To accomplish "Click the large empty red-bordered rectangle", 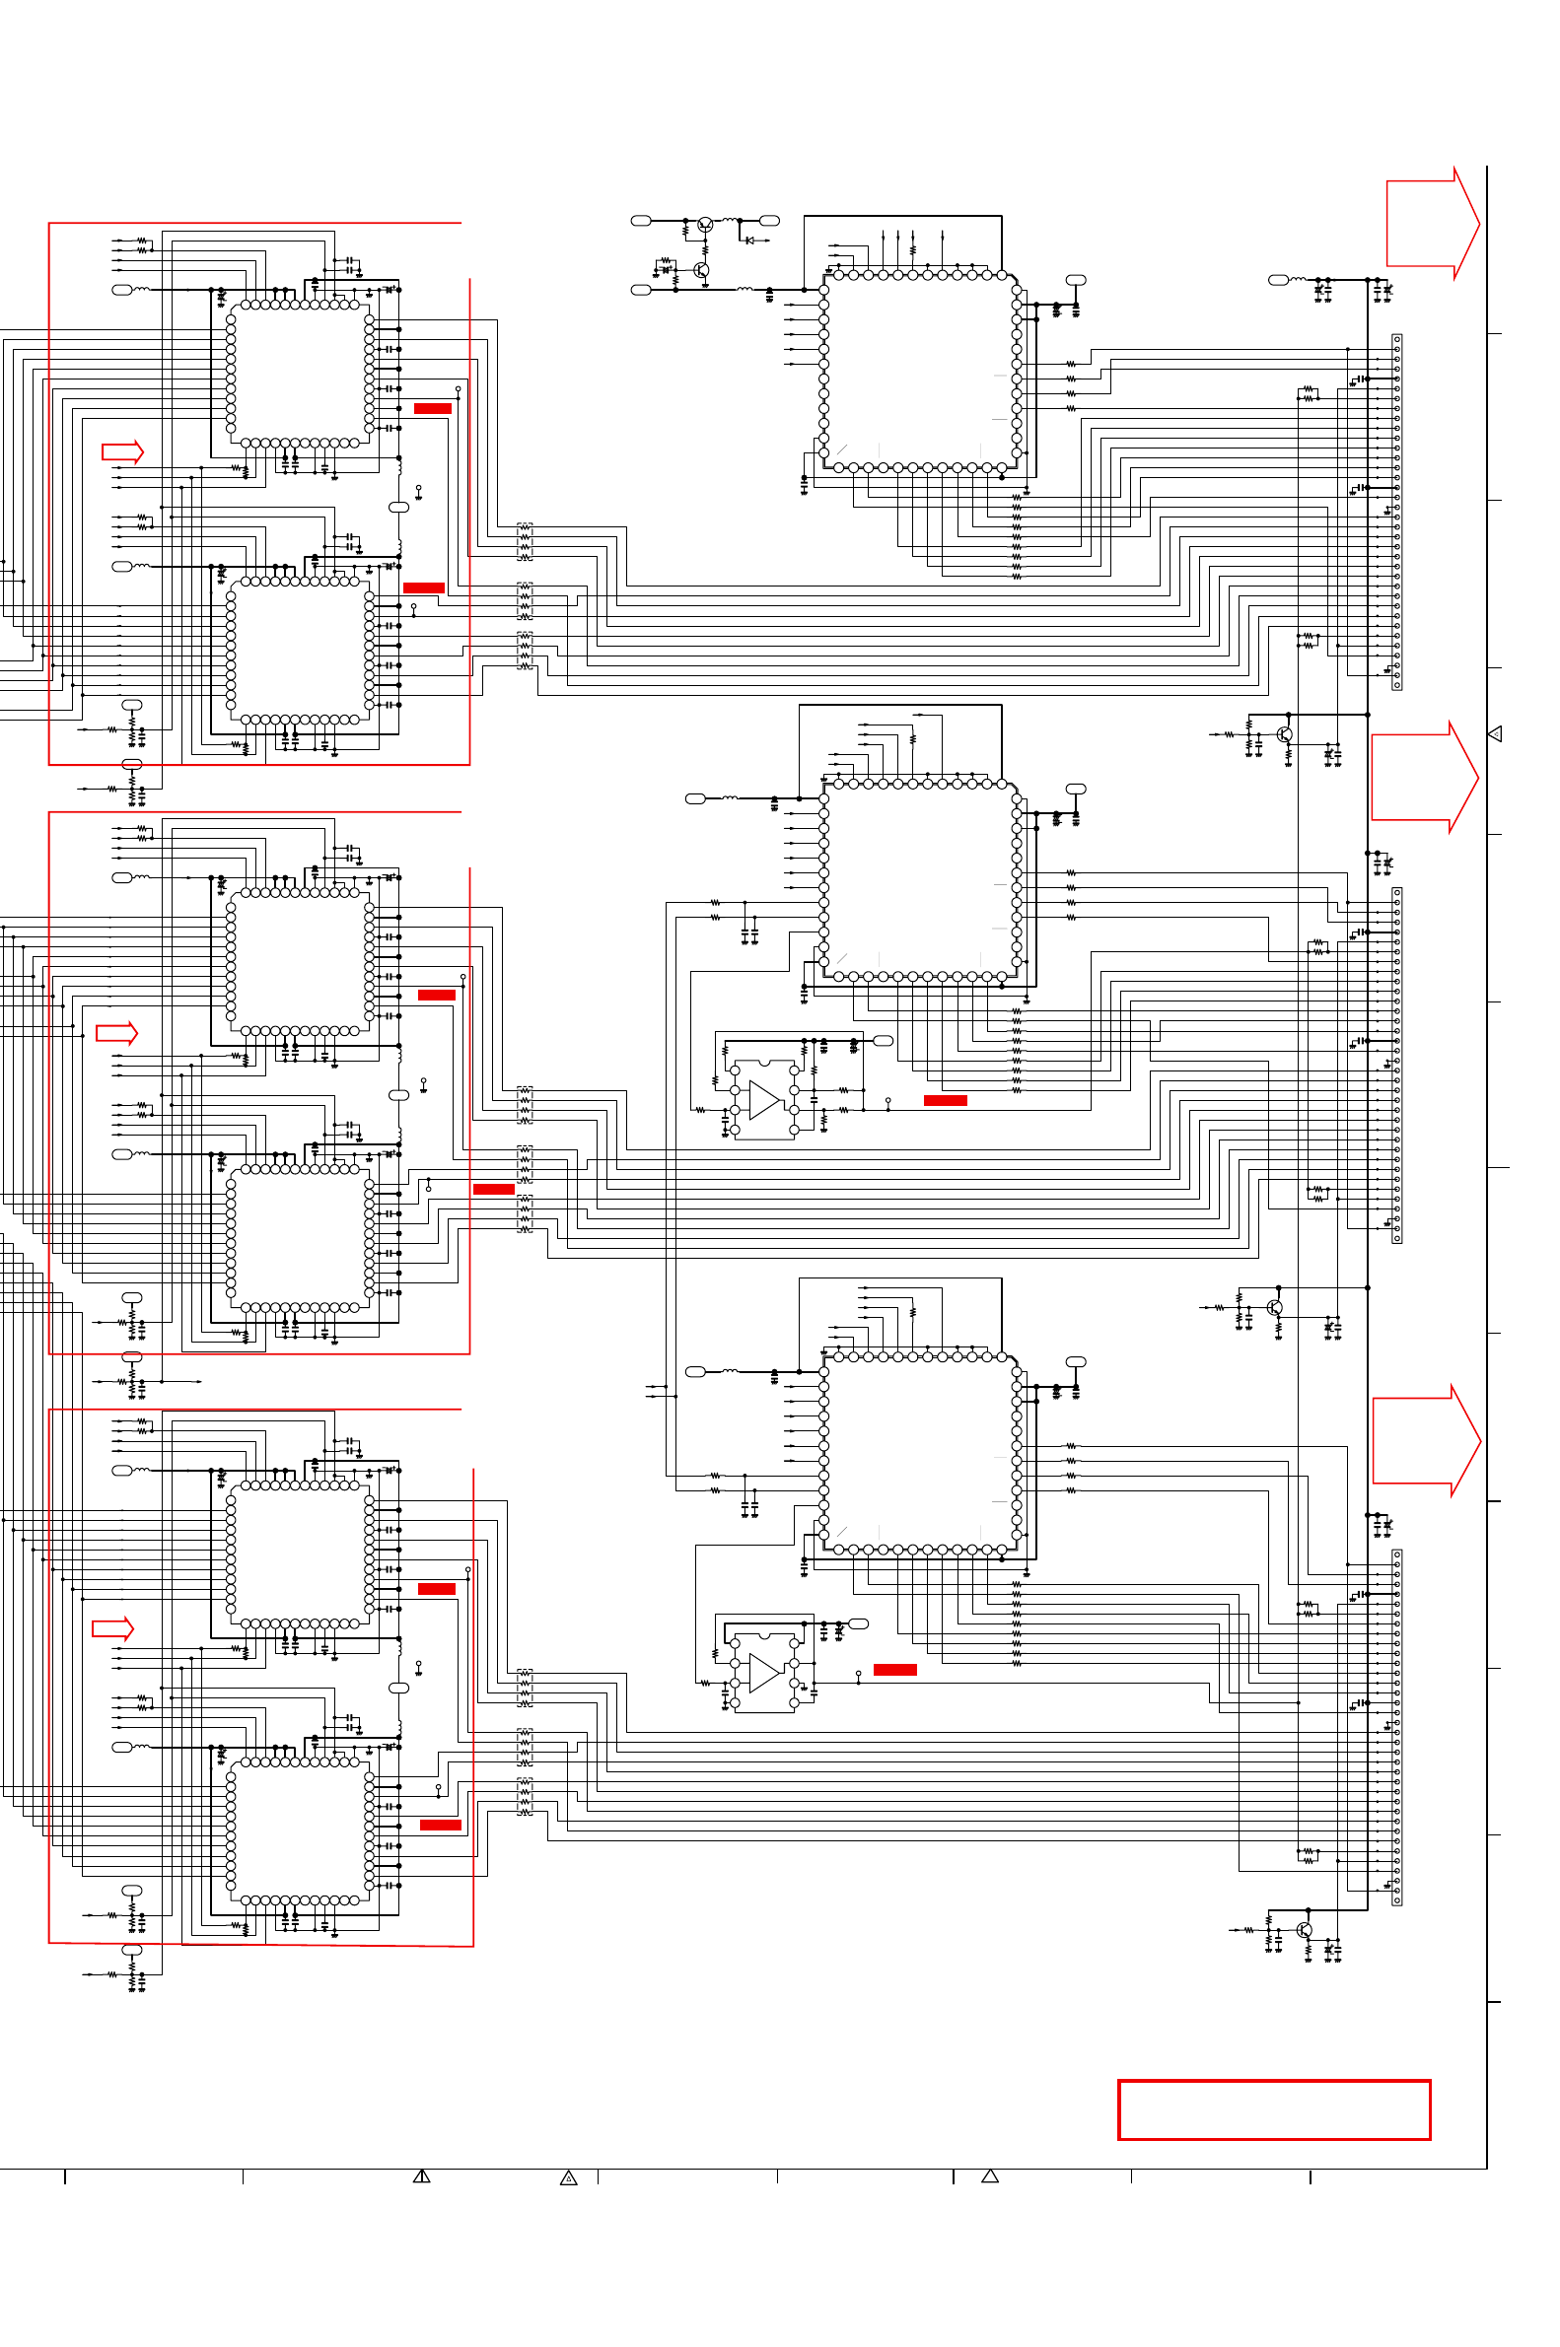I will pyautogui.click(x=1273, y=2108).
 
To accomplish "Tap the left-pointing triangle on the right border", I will pyautogui.click(x=1494, y=734).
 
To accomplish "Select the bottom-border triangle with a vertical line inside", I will pyautogui.click(x=422, y=2175).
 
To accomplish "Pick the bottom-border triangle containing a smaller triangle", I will pyautogui.click(x=569, y=2177).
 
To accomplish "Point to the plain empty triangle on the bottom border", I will pyautogui.click(x=990, y=2175).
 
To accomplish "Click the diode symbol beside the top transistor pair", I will pyautogui.click(x=749, y=240).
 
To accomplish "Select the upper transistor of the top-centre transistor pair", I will pyautogui.click(x=705, y=226).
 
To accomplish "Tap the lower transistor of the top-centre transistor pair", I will pyautogui.click(x=702, y=269).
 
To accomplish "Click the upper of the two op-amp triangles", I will pyautogui.click(x=764, y=1100).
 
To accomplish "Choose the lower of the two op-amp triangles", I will pyautogui.click(x=764, y=1673).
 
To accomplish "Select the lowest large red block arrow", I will pyautogui.click(x=1426, y=1440).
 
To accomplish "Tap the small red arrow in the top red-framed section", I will pyautogui.click(x=122, y=452).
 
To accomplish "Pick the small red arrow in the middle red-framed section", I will pyautogui.click(x=116, y=1033).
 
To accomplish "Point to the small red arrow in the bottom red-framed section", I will pyautogui.click(x=112, y=1629).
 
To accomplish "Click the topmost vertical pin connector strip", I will pyautogui.click(x=1397, y=513).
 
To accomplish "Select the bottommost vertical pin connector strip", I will pyautogui.click(x=1397, y=1727).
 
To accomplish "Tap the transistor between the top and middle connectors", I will pyautogui.click(x=1285, y=735).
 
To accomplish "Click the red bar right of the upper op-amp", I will pyautogui.click(x=945, y=1100).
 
